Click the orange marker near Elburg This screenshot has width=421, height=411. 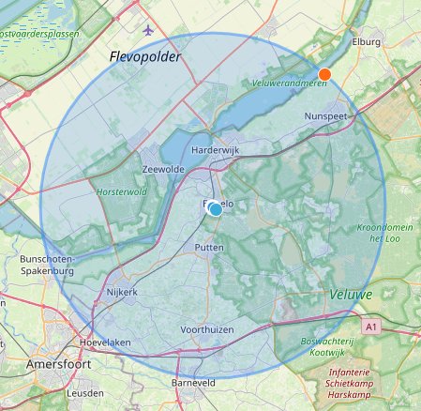pos(324,74)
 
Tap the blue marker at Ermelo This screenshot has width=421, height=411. pos(215,209)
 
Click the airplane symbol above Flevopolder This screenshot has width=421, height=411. pos(148,30)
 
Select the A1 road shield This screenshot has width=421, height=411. pos(372,327)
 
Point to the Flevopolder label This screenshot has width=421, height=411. pos(144,56)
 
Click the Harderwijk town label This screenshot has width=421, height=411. pos(217,150)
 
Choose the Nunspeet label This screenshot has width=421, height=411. pos(327,115)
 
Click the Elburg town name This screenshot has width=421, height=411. pos(365,42)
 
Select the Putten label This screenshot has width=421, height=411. pos(208,248)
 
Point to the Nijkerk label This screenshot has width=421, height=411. pos(121,292)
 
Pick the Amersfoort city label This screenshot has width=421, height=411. pos(57,362)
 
